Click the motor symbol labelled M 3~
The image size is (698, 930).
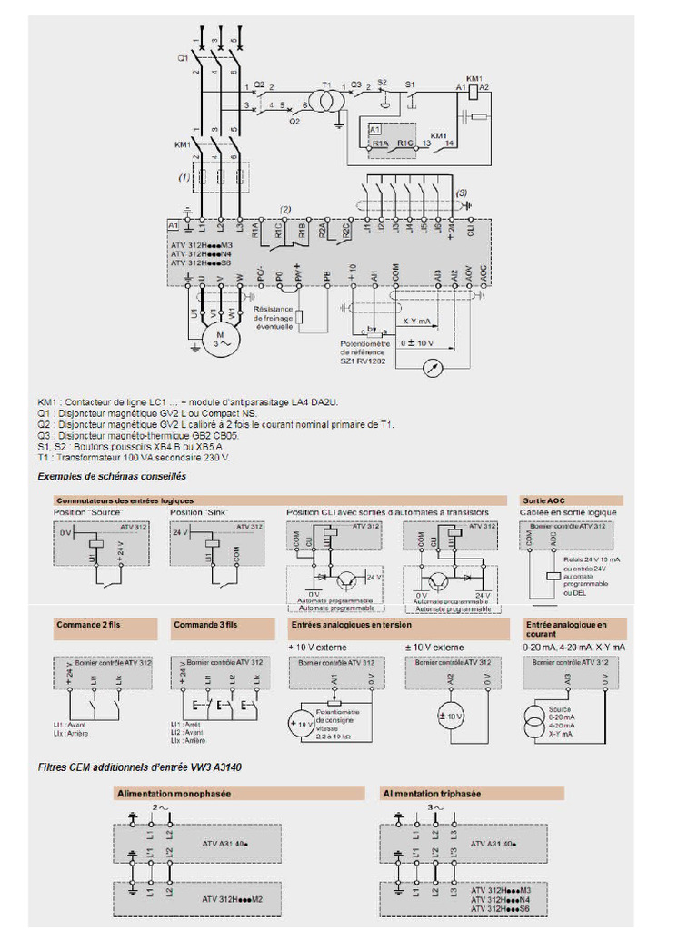click(x=219, y=341)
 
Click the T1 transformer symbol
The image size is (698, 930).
click(x=325, y=96)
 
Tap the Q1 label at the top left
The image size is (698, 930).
click(x=183, y=58)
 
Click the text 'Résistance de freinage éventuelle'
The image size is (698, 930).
click(x=274, y=318)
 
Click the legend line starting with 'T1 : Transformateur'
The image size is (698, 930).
click(x=134, y=458)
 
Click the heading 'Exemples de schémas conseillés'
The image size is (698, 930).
click(x=112, y=476)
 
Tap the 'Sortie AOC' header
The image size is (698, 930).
click(x=543, y=500)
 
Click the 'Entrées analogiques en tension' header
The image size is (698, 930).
click(x=351, y=625)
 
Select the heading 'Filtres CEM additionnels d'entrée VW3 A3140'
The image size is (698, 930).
click(x=139, y=767)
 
